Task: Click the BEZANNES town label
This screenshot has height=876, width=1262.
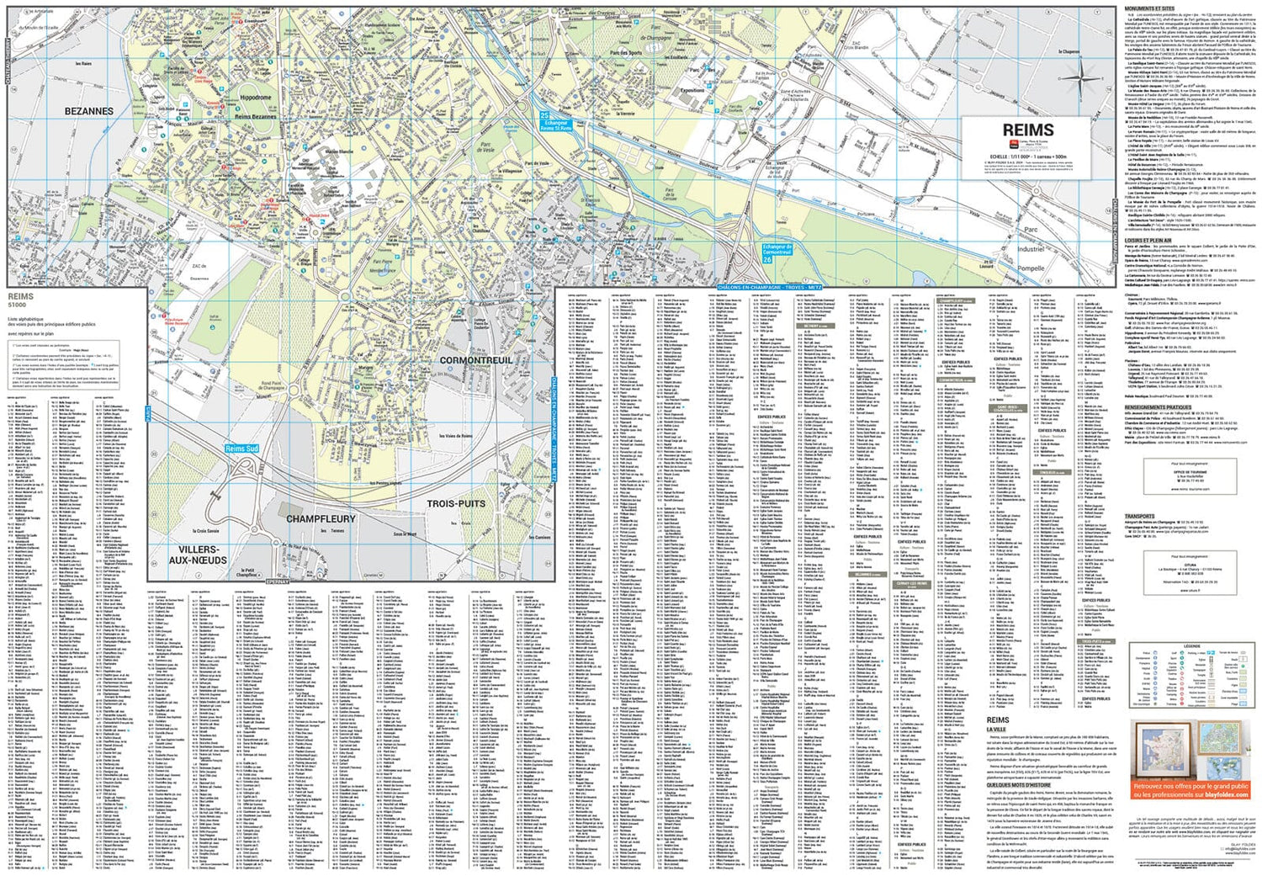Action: coord(89,111)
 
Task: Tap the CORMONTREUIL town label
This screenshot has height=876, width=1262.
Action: coord(476,360)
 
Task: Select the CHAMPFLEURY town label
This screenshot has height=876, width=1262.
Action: coord(321,519)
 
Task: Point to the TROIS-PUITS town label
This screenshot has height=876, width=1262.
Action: coord(456,503)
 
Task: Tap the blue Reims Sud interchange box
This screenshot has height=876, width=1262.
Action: coord(242,449)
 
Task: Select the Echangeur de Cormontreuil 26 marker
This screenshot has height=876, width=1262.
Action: coord(777,253)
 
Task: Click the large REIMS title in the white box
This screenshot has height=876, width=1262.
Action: coord(1027,130)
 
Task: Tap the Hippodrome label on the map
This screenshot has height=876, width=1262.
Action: coord(256,98)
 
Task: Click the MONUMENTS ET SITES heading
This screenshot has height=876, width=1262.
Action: coord(1149,8)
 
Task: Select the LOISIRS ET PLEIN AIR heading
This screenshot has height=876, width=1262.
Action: coord(1148,240)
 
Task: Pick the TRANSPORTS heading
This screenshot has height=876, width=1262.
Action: coord(1139,516)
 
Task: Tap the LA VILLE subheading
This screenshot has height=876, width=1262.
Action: coord(997,729)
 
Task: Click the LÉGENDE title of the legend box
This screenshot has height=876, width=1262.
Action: coord(1192,646)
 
